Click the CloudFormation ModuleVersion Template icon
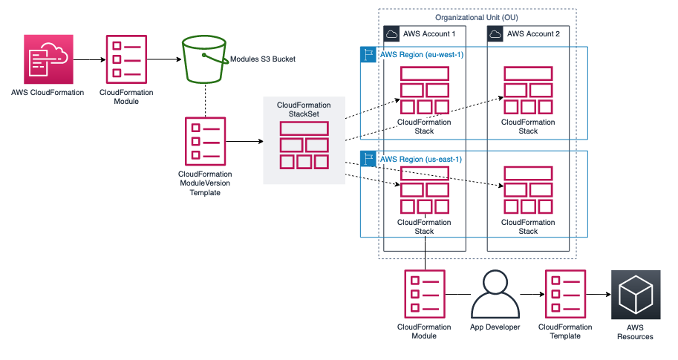tap(205, 139)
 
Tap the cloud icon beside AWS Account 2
tap(495, 34)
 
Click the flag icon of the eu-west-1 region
tap(368, 55)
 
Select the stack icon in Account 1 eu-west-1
tap(424, 91)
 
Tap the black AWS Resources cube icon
tap(634, 295)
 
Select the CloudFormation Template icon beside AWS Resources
tap(564, 295)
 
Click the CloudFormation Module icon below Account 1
tap(424, 295)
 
